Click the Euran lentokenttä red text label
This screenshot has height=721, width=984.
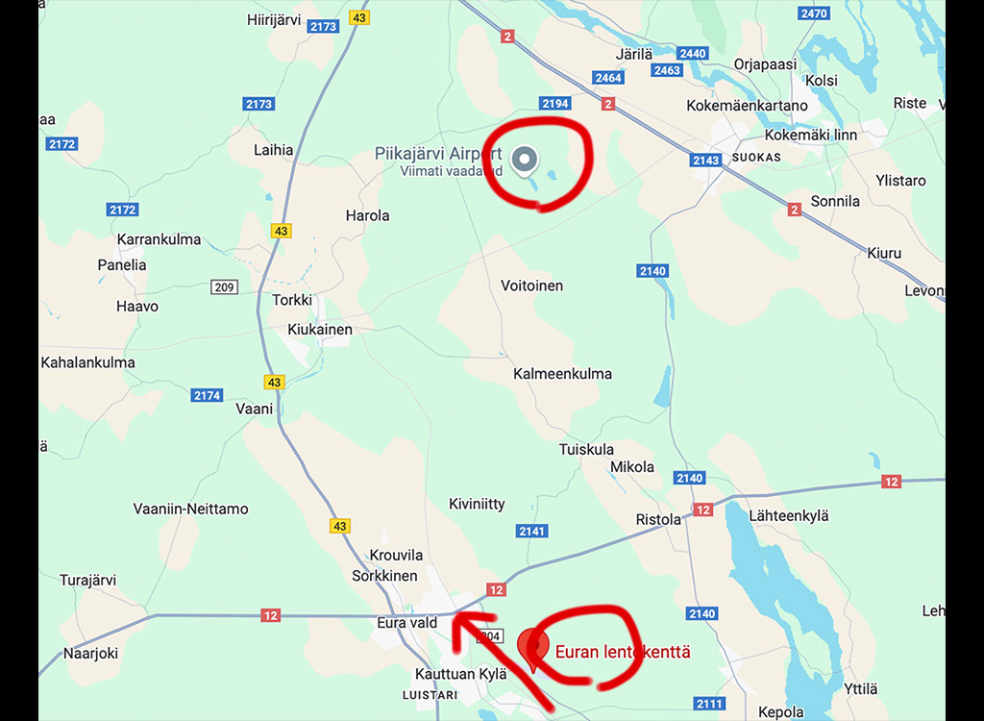(x=623, y=652)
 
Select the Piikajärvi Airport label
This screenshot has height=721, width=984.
(x=438, y=154)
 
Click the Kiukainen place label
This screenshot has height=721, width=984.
(x=320, y=330)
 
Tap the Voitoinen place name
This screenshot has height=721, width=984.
(x=531, y=286)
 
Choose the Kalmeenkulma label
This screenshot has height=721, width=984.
(x=562, y=374)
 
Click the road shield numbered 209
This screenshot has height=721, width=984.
(x=224, y=286)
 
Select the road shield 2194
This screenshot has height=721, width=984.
(x=555, y=103)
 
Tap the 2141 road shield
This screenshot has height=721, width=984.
(x=531, y=532)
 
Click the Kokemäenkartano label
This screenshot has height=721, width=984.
(x=747, y=106)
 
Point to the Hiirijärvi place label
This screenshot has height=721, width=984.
(x=274, y=19)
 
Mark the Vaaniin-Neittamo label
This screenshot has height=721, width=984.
(x=190, y=509)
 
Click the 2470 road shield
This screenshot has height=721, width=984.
(x=813, y=13)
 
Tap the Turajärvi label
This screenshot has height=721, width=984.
(x=87, y=580)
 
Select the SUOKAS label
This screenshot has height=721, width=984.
(x=756, y=157)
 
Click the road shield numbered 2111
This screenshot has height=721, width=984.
(x=709, y=705)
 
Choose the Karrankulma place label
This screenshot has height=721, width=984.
(x=159, y=239)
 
